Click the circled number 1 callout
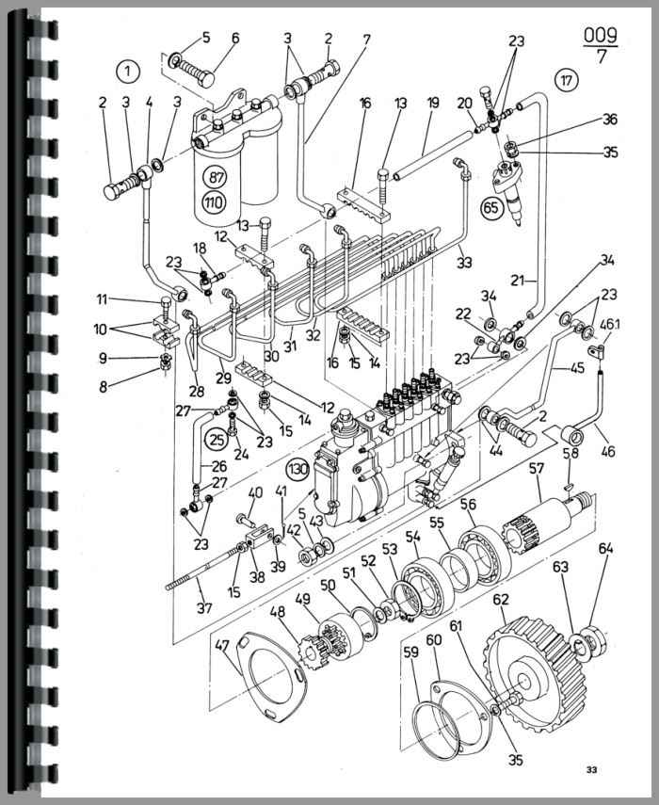tap(127, 72)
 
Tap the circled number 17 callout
tap(566, 80)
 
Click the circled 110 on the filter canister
tap(214, 201)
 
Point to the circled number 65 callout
tap(491, 207)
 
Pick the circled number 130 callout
tap(297, 469)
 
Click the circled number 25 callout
tap(217, 439)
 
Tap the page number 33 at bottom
tap(591, 769)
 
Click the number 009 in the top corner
tap(600, 36)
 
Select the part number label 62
tap(501, 599)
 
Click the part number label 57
tap(537, 469)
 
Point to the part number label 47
tap(222, 645)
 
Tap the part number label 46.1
tap(610, 324)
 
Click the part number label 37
tap(204, 608)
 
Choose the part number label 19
tap(433, 103)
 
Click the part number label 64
tap(605, 548)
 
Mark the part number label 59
tap(411, 652)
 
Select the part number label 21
tap(518, 281)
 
